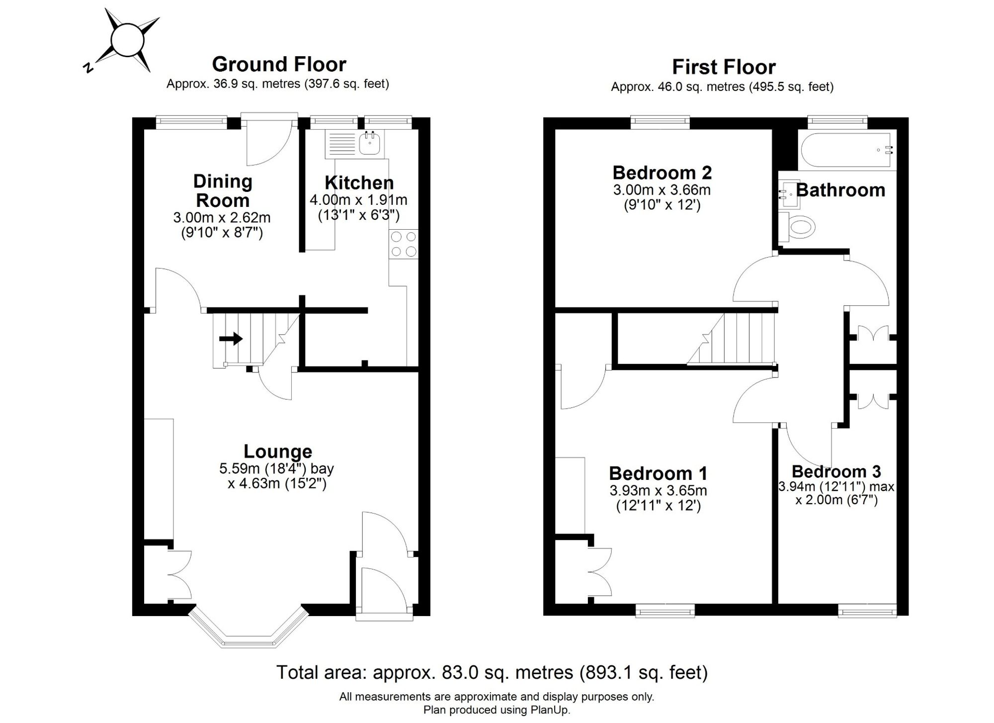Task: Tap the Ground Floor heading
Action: click(x=279, y=64)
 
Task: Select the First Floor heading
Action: click(x=724, y=67)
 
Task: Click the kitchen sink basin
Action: click(x=370, y=143)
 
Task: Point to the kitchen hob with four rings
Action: click(x=404, y=244)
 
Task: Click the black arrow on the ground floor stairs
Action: click(x=231, y=339)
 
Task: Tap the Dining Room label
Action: click(x=223, y=191)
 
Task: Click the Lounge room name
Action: click(x=278, y=452)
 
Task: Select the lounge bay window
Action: click(x=248, y=628)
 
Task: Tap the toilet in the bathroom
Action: click(x=797, y=227)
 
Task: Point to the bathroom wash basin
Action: click(x=789, y=193)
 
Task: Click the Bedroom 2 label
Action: click(x=662, y=173)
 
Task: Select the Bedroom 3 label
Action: click(x=836, y=471)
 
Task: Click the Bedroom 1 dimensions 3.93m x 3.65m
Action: click(x=658, y=491)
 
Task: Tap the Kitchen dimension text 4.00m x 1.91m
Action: click(x=358, y=200)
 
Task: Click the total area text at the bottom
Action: click(x=492, y=672)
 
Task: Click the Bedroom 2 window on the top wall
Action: click(x=661, y=122)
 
